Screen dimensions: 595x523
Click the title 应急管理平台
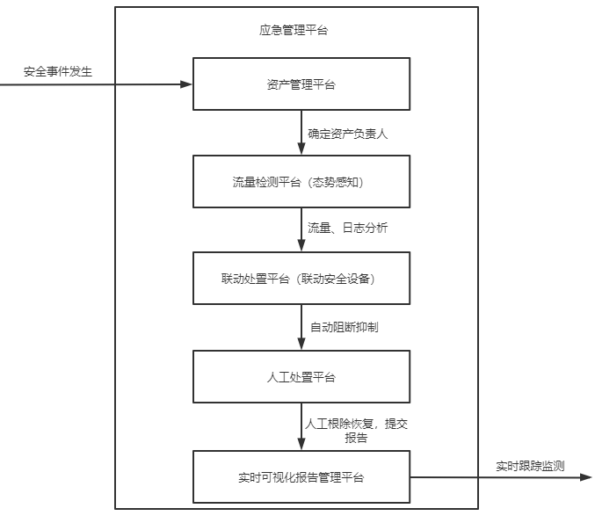[294, 30]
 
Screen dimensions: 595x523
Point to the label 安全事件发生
[58, 71]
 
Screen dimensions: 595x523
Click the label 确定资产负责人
[347, 134]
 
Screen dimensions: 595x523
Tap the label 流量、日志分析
[347, 228]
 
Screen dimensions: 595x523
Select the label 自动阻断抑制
[345, 327]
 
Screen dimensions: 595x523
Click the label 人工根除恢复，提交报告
[356, 431]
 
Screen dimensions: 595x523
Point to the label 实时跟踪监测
[530, 466]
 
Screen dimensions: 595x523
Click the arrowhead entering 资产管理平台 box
[186, 84]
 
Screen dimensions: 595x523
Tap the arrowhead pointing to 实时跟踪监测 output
[586, 477]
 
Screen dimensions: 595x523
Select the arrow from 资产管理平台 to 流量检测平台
[301, 133]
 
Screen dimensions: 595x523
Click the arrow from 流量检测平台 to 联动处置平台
[301, 229]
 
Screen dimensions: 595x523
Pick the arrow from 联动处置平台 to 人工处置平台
[301, 327]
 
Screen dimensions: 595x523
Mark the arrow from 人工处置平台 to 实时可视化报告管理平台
[301, 426]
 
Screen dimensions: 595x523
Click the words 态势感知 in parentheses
[336, 182]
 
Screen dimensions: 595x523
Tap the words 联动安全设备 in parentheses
[336, 279]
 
